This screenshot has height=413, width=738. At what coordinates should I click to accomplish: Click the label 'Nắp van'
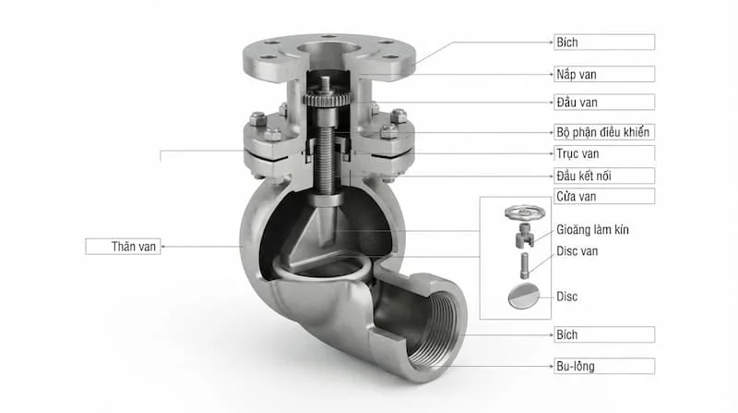pyautogui.click(x=604, y=74)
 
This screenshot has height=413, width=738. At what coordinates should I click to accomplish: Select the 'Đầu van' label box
pyautogui.click(x=604, y=103)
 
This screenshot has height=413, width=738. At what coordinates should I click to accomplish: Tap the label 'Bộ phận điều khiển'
pyautogui.click(x=604, y=132)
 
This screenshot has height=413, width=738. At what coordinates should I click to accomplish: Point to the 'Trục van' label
pyautogui.click(x=604, y=153)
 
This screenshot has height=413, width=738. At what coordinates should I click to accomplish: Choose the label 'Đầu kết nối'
pyautogui.click(x=604, y=176)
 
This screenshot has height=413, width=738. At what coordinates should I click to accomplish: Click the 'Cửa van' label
pyautogui.click(x=604, y=196)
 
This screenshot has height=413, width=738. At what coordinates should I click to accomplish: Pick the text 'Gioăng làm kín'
pyautogui.click(x=592, y=230)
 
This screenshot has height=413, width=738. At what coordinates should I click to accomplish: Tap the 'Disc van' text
pyautogui.click(x=577, y=250)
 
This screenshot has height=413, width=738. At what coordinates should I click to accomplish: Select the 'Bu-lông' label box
pyautogui.click(x=604, y=366)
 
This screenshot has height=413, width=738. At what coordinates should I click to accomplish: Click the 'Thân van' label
pyautogui.click(x=124, y=247)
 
